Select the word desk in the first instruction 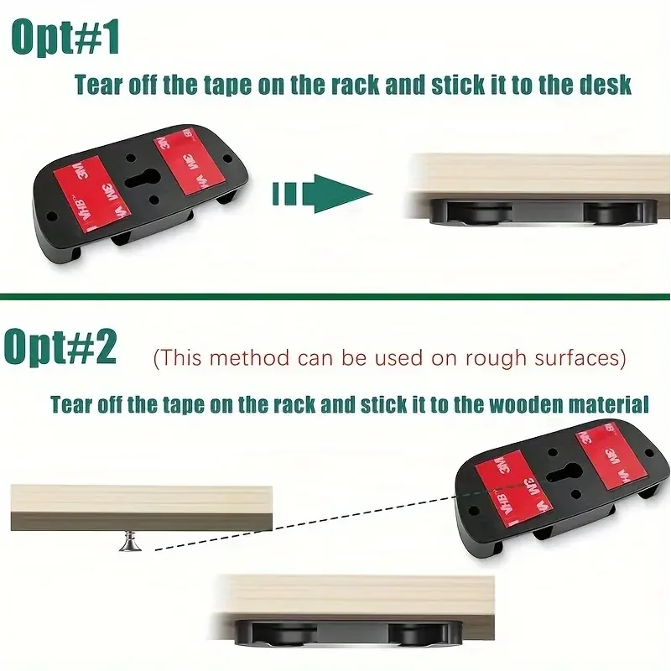pyautogui.click(x=603, y=85)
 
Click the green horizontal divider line pyautogui.click(x=335, y=295)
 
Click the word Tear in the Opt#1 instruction pyautogui.click(x=99, y=85)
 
